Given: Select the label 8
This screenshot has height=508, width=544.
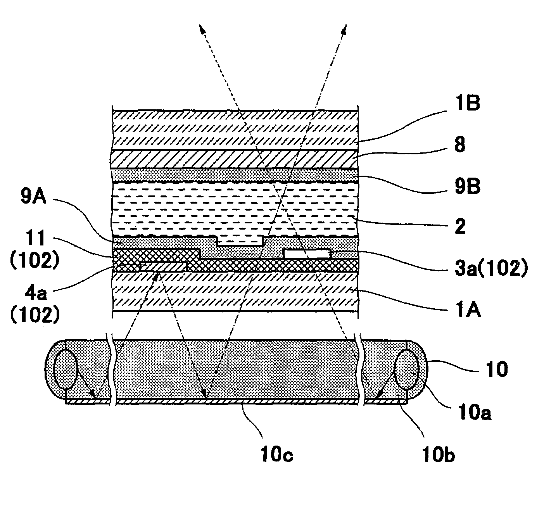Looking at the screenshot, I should tap(460, 146).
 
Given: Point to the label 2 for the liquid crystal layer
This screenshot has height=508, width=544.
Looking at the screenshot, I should tap(460, 227).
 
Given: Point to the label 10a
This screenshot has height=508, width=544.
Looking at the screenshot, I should tap(478, 413).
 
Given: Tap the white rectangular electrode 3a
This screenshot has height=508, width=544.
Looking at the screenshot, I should tap(307, 254).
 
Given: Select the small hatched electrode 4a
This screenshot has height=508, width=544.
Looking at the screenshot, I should tap(163, 267).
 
